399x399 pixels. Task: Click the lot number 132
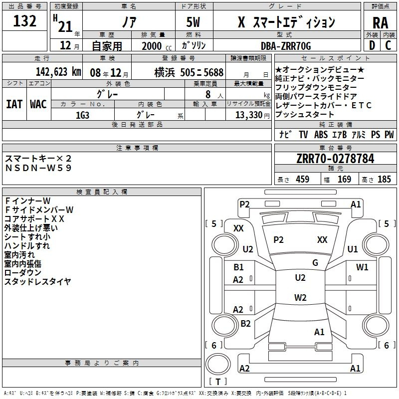24,21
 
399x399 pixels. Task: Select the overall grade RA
380,23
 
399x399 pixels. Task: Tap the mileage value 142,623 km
58,72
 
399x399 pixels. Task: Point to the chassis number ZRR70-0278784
335,159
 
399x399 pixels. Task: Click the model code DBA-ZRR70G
286,46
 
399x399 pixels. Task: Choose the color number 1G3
82,115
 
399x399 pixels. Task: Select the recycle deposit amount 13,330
248,115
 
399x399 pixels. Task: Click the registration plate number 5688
213,72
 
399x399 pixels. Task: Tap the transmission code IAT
14,104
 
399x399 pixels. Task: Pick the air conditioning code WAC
38,104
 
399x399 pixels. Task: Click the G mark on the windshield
315,263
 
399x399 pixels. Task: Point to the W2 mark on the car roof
300,297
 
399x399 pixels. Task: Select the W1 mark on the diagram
362,267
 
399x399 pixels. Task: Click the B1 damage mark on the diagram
238,267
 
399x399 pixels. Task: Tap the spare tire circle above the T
218,364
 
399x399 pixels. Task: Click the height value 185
384,179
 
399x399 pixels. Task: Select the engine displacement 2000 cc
157,46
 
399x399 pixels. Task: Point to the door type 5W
193,22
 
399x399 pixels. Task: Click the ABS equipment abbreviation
321,135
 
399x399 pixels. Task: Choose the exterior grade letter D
372,45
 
